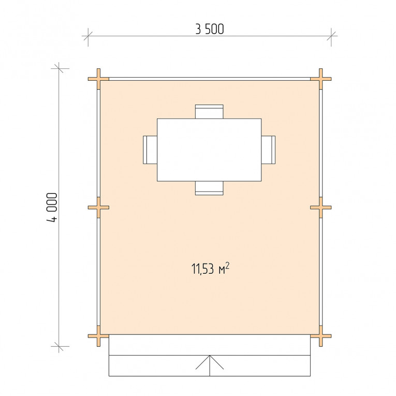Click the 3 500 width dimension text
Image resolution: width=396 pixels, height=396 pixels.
210,29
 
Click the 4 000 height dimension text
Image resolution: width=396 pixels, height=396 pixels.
52,208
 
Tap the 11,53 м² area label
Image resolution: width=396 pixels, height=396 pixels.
210,269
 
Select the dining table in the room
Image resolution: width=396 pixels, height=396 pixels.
209,150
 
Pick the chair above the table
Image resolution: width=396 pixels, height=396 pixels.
209,111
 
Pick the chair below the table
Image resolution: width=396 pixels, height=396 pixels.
209,188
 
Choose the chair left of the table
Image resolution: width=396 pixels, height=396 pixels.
150,150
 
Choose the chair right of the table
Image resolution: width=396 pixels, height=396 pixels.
268,150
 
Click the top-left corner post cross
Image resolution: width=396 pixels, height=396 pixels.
98,79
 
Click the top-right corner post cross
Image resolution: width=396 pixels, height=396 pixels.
321,79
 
